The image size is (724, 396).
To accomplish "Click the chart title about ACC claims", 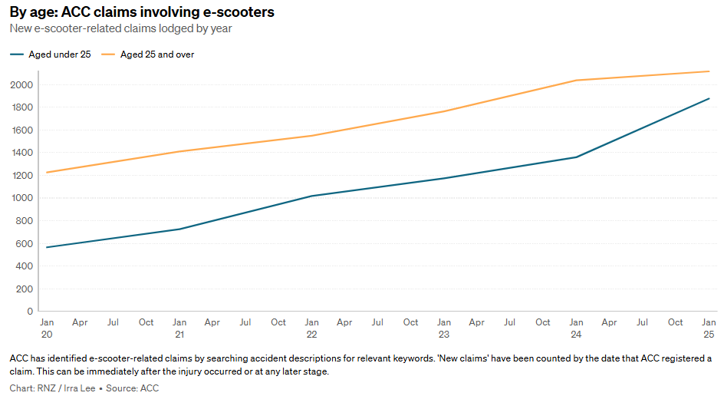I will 142,12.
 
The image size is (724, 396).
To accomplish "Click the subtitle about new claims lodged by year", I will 120,28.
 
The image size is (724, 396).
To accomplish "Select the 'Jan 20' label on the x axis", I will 47,328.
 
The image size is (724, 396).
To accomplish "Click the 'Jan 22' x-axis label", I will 311,328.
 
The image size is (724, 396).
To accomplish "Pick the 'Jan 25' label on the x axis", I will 709,328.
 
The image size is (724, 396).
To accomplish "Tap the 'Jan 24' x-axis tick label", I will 576,328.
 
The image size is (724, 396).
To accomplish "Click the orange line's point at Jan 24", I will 576,80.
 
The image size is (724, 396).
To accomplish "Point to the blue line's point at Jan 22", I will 311,196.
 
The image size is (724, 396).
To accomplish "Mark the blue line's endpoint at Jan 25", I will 709,98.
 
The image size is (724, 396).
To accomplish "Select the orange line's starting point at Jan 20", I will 47,173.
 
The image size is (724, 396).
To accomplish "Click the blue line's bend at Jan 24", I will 576,157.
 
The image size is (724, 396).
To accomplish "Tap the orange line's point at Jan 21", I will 179,151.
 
